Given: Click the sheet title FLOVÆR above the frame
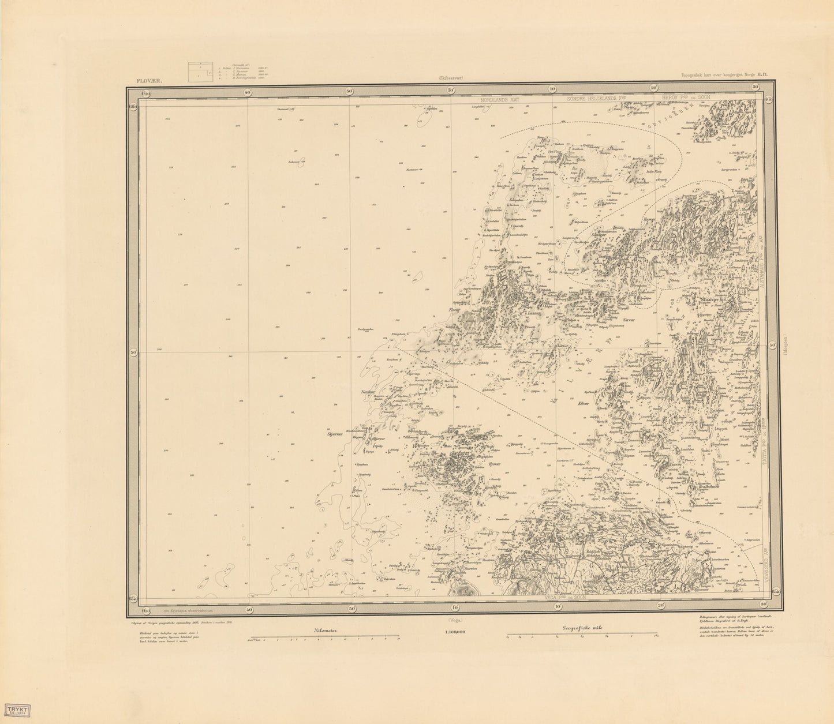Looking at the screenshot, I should point(148,81).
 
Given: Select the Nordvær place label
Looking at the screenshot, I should point(368,392).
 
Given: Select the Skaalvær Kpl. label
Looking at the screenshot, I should point(720,299).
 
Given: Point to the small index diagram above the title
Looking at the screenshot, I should point(199,73).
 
